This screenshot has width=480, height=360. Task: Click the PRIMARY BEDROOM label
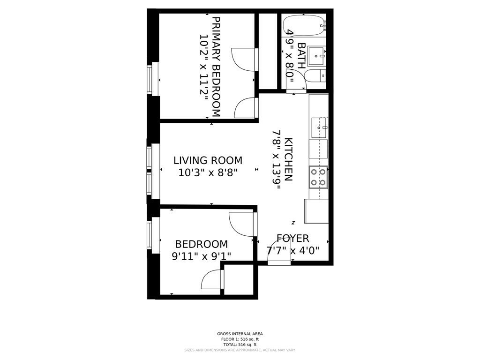click(x=216, y=67)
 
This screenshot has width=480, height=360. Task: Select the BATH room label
click(x=301, y=56)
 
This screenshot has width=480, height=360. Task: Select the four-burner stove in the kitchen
click(x=318, y=177)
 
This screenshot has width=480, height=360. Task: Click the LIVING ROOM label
click(x=208, y=160)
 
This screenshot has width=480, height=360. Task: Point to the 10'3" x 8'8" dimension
click(x=208, y=172)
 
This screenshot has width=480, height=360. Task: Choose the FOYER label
click(x=292, y=239)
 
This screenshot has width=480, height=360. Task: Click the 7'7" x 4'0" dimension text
click(x=292, y=251)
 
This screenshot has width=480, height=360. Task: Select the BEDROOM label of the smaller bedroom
click(x=201, y=244)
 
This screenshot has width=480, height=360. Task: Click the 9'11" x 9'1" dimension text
click(x=201, y=256)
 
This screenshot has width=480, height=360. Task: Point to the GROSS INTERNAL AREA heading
click(x=240, y=334)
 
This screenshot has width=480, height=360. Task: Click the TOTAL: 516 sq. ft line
click(x=240, y=345)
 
